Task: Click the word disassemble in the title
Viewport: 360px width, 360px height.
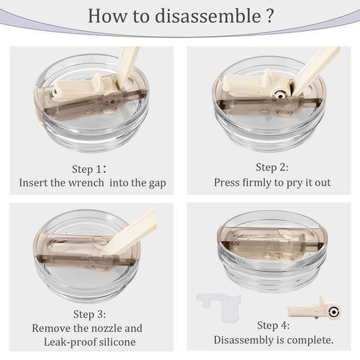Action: tap(208, 16)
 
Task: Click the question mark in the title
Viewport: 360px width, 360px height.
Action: tap(270, 16)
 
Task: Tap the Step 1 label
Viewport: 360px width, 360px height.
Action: tap(89, 169)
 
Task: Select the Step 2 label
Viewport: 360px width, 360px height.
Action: tap(272, 167)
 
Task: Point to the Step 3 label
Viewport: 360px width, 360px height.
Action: tap(89, 314)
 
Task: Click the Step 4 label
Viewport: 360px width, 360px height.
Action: tap(274, 325)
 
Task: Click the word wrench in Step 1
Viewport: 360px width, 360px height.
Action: tap(86, 183)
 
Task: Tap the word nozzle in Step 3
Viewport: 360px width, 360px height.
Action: tap(104, 328)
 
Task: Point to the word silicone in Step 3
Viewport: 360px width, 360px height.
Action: tap(117, 342)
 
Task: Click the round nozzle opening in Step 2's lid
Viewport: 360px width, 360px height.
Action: tap(279, 96)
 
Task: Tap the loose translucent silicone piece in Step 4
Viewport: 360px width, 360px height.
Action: tap(218, 305)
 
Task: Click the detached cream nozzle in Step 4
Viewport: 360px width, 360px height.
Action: tap(315, 310)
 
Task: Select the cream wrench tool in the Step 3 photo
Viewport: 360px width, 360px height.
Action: tap(129, 233)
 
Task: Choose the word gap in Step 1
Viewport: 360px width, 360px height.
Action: tap(158, 184)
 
